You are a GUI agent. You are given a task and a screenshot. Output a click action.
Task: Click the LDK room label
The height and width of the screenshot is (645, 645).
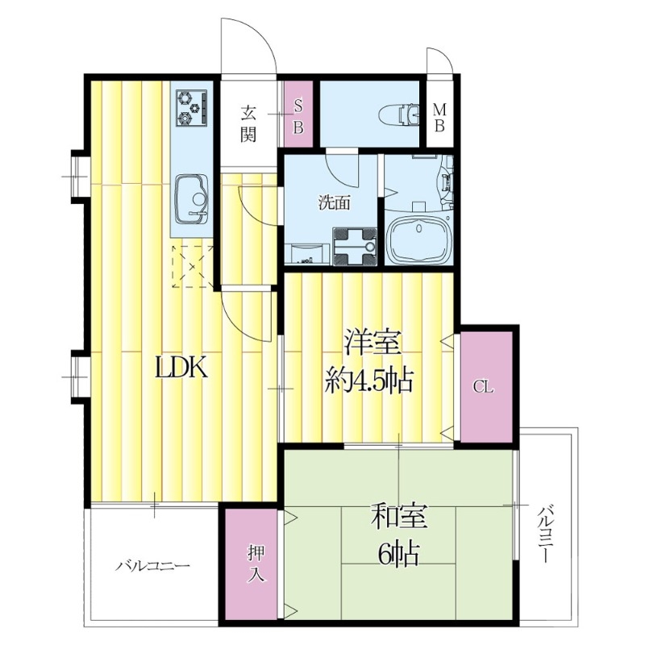coord(181,368)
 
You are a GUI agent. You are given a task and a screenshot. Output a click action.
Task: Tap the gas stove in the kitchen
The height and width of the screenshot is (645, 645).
coord(191,108)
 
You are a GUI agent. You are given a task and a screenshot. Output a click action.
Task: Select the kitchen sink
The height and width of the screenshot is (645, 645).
coord(192,200)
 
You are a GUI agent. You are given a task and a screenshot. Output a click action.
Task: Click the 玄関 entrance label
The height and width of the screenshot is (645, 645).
coord(248,123)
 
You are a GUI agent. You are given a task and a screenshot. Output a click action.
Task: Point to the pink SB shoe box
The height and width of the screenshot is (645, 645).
coord(298,114)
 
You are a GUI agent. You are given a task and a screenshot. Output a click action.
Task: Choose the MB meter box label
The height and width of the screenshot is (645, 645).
coord(439,118)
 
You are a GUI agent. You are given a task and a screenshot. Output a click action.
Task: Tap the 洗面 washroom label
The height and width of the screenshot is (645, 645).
coord(334,203)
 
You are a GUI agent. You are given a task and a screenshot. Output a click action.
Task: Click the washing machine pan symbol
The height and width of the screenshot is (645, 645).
coord(355,247)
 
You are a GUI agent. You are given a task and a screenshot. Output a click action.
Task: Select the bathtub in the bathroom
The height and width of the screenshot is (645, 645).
coord(419,239)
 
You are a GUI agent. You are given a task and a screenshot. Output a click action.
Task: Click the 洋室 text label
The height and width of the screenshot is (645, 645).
coord(373,341)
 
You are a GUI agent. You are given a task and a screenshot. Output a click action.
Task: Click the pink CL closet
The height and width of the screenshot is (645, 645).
coord(486,387)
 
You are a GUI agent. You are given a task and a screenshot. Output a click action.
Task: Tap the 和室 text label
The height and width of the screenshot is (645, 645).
coord(399,517)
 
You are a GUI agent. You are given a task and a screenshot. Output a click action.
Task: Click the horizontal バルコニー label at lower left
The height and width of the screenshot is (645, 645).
coord(152,566)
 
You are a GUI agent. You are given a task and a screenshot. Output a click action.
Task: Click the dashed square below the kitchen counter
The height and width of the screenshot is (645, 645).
coord(193,266)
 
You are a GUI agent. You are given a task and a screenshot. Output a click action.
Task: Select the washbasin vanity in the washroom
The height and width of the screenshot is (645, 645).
coord(307,254)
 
